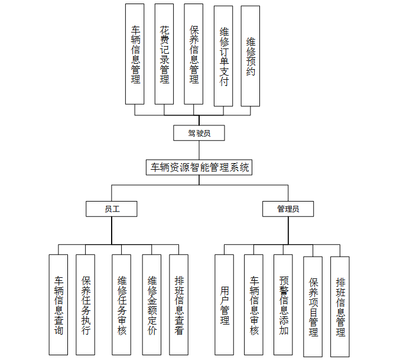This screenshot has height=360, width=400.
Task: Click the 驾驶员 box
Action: [199, 133]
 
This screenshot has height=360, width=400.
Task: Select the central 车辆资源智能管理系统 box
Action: [199, 167]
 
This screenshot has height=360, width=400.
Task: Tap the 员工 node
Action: [111, 209]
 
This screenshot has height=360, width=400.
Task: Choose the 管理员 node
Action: [288, 209]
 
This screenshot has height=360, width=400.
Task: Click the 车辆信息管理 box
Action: [135, 54]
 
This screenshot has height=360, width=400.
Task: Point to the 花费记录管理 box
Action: [164, 54]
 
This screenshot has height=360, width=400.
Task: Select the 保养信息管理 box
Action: [194, 54]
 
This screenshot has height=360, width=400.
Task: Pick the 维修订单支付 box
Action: [223, 56]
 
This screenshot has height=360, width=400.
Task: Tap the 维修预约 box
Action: [251, 56]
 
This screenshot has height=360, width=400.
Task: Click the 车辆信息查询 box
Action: [58, 305]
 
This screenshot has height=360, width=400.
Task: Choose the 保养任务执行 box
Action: [86, 305]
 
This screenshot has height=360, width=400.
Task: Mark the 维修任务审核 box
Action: [122, 305]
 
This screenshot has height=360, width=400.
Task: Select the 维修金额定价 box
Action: [151, 305]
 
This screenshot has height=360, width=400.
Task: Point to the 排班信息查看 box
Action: [178, 305]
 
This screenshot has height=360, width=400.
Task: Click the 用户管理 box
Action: [224, 305]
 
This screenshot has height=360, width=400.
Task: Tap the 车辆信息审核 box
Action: [253, 305]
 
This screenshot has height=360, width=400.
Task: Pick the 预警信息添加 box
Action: [283, 305]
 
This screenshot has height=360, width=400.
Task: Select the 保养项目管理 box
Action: [313, 307]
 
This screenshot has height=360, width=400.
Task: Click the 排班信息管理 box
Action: [340, 307]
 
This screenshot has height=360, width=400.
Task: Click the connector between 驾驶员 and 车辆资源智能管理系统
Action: [199, 150]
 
